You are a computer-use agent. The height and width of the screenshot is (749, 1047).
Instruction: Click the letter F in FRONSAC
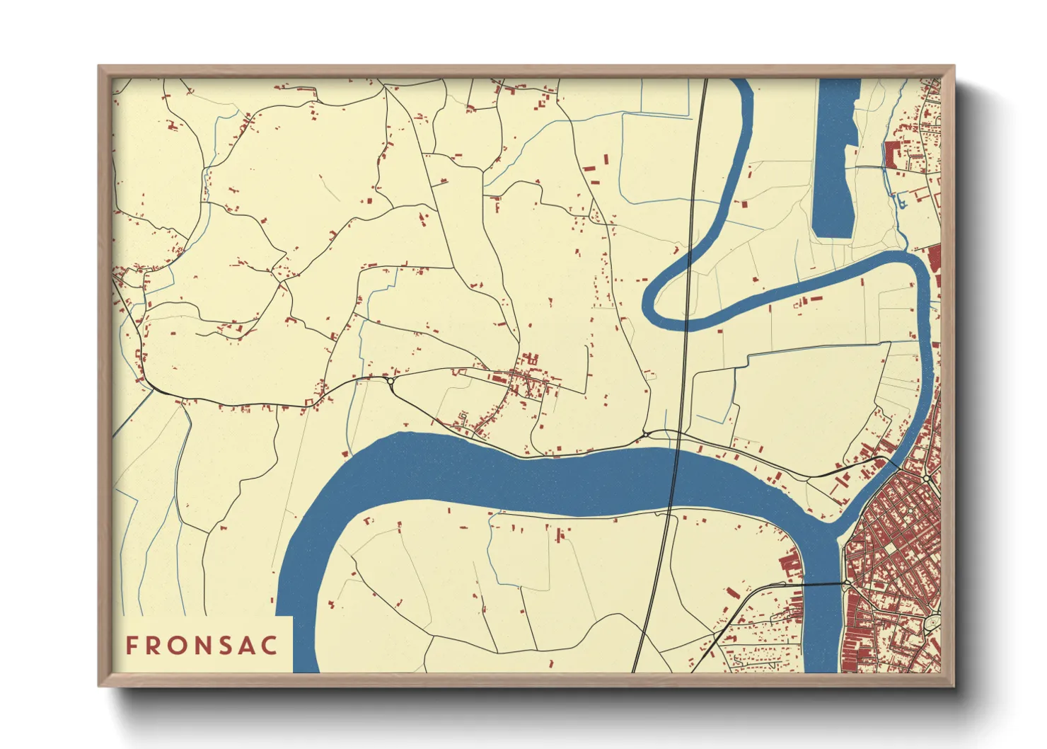tap(132, 646)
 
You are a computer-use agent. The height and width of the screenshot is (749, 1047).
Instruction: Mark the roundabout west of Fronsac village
tap(391, 382)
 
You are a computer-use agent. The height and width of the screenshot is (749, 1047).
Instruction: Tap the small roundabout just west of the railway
tap(645, 432)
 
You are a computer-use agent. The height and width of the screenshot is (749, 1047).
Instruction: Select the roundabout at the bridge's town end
tap(847, 583)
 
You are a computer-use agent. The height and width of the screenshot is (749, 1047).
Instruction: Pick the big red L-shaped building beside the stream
tap(891, 153)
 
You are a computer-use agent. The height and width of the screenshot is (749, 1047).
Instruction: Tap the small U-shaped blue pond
tap(901, 203)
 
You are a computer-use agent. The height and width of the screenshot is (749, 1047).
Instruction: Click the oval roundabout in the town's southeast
tap(933, 623)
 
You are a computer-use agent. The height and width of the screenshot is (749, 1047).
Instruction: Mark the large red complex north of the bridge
tap(791, 564)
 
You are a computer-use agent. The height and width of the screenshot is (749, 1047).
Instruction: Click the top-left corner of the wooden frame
tap(99, 67)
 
